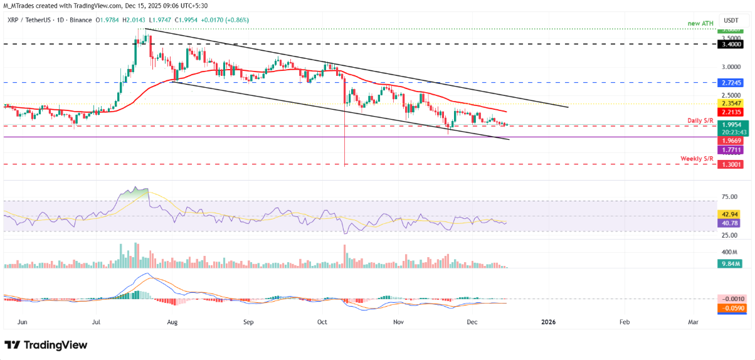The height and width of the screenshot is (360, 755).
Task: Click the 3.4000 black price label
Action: [731, 45]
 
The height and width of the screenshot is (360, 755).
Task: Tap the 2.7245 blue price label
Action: [731, 82]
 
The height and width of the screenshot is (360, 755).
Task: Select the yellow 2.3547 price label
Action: [731, 104]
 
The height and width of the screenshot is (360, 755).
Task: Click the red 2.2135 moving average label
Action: [731, 113]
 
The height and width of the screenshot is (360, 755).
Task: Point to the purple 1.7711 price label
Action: [731, 151]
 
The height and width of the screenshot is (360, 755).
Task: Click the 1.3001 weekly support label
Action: [731, 164]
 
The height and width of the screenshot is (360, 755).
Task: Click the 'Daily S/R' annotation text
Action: [699, 120]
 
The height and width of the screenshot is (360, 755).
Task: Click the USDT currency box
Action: [731, 19]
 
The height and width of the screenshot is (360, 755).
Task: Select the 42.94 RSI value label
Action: [731, 214]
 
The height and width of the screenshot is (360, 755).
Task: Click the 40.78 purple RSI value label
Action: [731, 223]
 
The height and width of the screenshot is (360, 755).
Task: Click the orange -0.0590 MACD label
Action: [731, 308]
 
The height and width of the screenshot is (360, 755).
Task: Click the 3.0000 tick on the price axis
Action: [730, 66]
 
